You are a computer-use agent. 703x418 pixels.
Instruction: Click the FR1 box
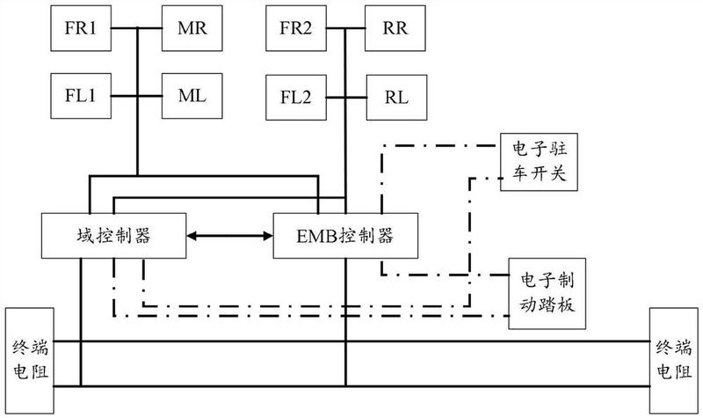point(81,28)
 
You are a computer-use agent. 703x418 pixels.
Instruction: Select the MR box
point(192,28)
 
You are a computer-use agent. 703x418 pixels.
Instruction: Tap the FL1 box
point(81,96)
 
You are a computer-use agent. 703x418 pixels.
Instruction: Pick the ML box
point(192,96)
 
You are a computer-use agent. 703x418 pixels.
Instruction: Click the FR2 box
point(296,28)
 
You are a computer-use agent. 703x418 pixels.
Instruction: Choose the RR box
point(395,28)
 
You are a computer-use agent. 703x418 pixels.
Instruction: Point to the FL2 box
point(296,98)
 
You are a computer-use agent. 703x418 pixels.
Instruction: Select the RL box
point(396,98)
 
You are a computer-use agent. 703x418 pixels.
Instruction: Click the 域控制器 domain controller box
point(114,236)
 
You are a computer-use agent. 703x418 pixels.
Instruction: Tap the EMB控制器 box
point(345,236)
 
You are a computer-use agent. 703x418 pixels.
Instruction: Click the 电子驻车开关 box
point(539,162)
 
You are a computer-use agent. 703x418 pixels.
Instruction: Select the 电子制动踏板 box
point(547,294)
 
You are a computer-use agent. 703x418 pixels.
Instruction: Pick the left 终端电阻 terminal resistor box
point(30,361)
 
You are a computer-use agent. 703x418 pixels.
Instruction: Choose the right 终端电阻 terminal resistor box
point(674,361)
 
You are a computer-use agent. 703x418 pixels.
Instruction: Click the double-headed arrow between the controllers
point(229,236)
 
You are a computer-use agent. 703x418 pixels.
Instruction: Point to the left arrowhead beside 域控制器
point(191,236)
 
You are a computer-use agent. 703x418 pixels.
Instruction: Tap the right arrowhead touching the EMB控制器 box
point(269,236)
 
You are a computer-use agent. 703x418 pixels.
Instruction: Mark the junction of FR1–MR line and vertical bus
point(137,28)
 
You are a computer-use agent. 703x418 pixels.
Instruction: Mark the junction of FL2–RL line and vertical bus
point(345,98)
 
